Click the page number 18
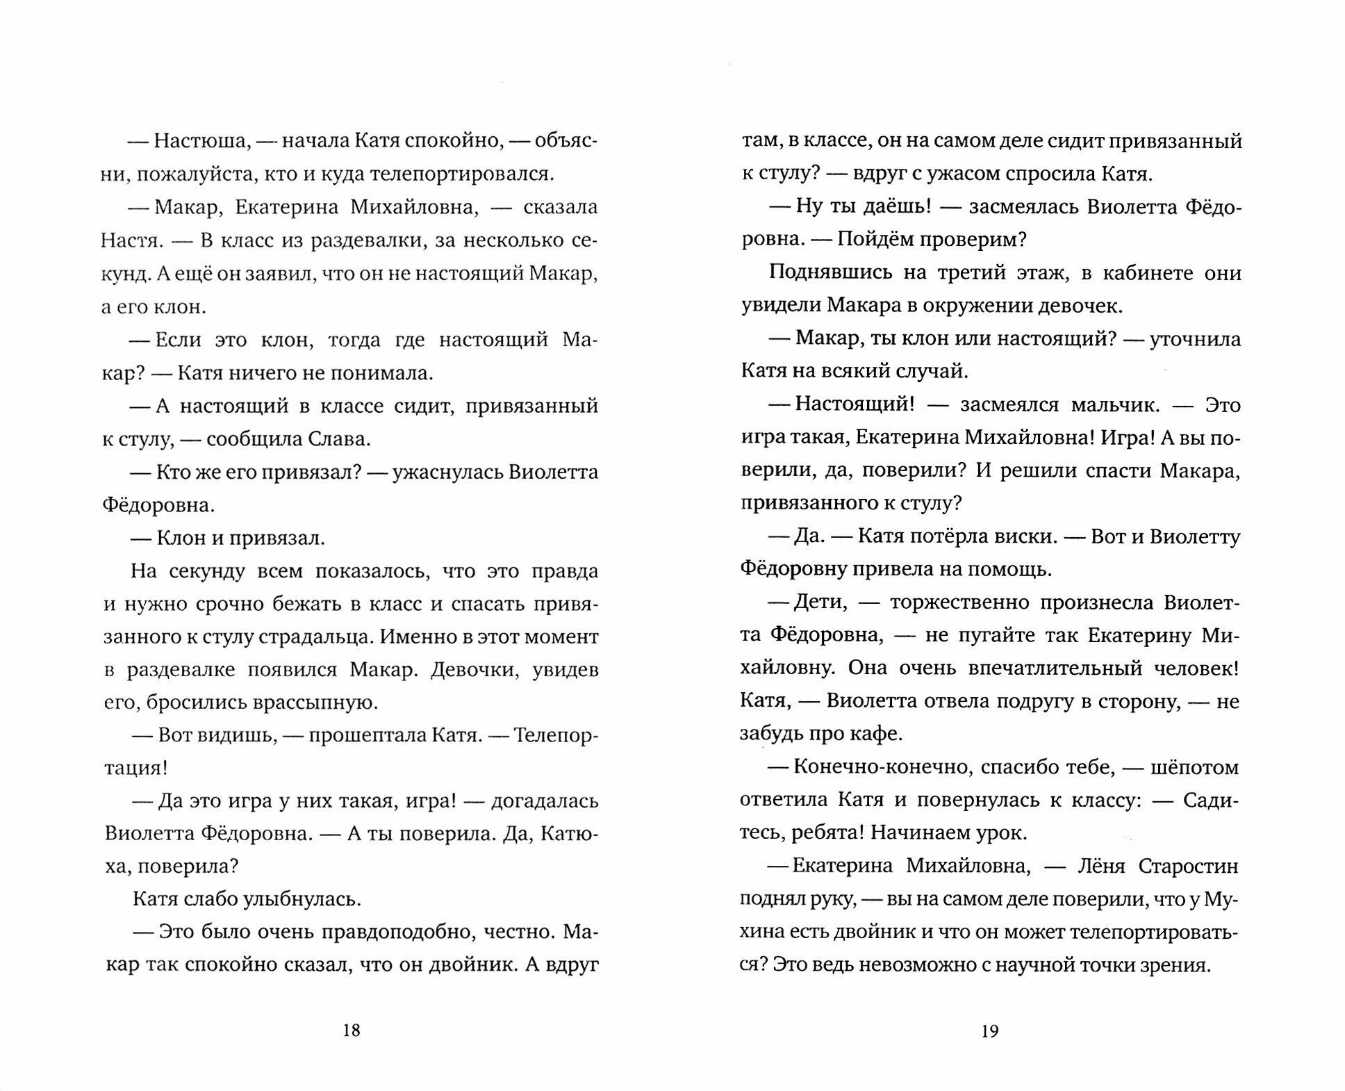tap(352, 1030)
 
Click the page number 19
tap(990, 1030)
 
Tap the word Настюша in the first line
tap(200, 141)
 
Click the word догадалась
tap(544, 801)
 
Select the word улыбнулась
tap(302, 900)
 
